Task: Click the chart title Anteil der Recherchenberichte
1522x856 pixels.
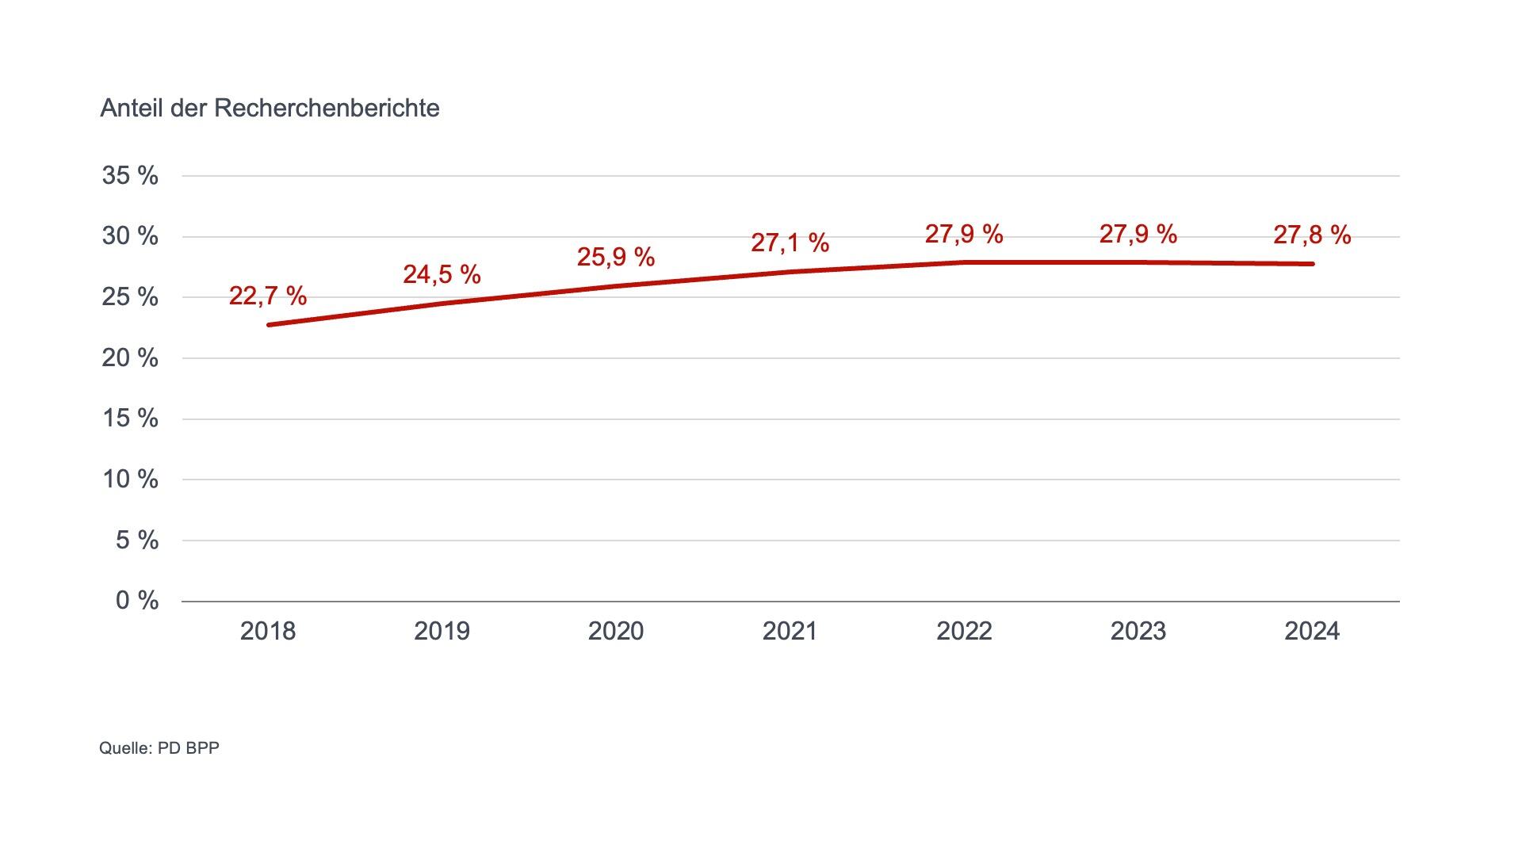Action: pos(270,108)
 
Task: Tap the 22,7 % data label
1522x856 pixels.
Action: pos(267,296)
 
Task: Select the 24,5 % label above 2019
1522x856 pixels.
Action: pos(442,274)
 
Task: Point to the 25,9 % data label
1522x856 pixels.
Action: pos(615,257)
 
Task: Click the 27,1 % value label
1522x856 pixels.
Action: pos(790,242)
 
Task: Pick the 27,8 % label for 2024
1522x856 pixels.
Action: pos(1312,235)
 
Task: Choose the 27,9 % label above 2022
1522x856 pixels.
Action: pos(964,234)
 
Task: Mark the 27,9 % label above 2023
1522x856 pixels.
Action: pos(1138,234)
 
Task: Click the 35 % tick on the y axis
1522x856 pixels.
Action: pos(130,175)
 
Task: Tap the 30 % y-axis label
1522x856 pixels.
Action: pos(130,236)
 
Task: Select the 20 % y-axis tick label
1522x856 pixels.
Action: pos(130,357)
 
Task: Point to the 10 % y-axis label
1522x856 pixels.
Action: pos(130,479)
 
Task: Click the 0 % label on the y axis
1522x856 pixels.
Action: pos(136,601)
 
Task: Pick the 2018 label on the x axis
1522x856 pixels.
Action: pos(267,631)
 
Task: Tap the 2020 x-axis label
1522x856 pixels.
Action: pos(615,631)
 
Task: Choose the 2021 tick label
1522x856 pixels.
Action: pos(790,631)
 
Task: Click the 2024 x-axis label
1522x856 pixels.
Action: pos(1312,631)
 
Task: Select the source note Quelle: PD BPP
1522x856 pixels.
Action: pos(159,747)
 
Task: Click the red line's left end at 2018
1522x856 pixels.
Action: pos(270,325)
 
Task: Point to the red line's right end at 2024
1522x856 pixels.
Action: pos(1312,264)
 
